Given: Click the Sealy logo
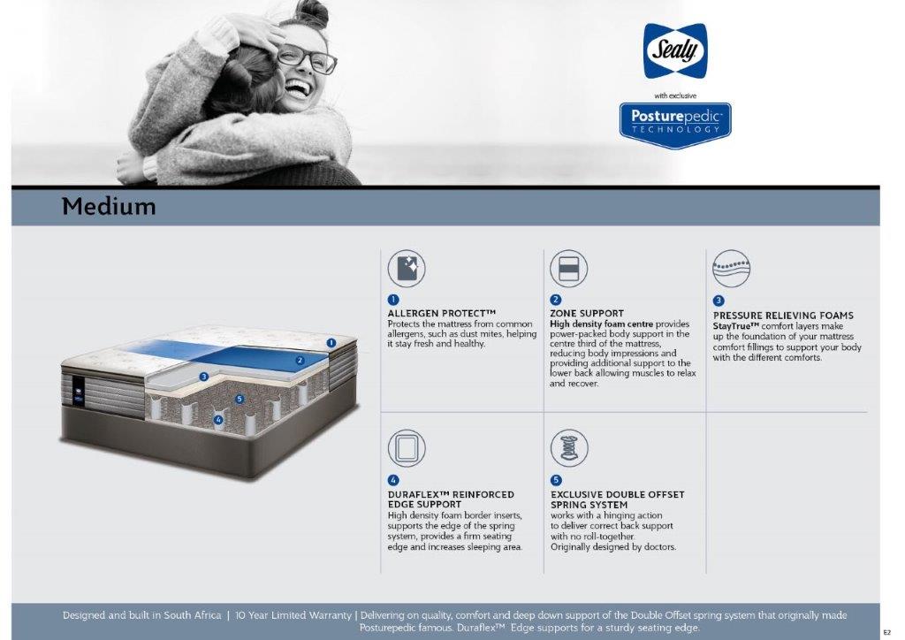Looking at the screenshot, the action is point(675,50).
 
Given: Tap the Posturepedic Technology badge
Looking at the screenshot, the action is point(675,125).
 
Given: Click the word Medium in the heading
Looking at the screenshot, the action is point(109,207).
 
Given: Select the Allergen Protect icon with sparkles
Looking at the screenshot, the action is point(407,269).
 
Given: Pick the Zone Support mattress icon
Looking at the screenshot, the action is point(568,269).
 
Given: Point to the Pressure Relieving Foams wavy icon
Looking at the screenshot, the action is point(731,269).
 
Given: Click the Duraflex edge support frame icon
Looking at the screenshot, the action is point(407,448).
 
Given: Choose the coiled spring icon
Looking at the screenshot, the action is point(569,448).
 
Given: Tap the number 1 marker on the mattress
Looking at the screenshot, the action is point(331,343).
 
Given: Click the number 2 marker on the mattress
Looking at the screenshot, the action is point(300,361).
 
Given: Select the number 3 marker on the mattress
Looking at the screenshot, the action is point(204,377).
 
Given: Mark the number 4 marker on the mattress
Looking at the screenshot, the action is point(218,420).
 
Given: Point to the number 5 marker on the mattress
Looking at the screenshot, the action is point(240,399).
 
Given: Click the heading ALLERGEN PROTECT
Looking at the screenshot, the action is point(442,313).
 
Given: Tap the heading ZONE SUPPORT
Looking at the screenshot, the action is point(587,313).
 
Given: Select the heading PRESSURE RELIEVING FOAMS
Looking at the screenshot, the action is point(783,316).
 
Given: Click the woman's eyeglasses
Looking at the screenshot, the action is point(306,58).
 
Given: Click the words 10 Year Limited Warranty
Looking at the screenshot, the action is point(293,615).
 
